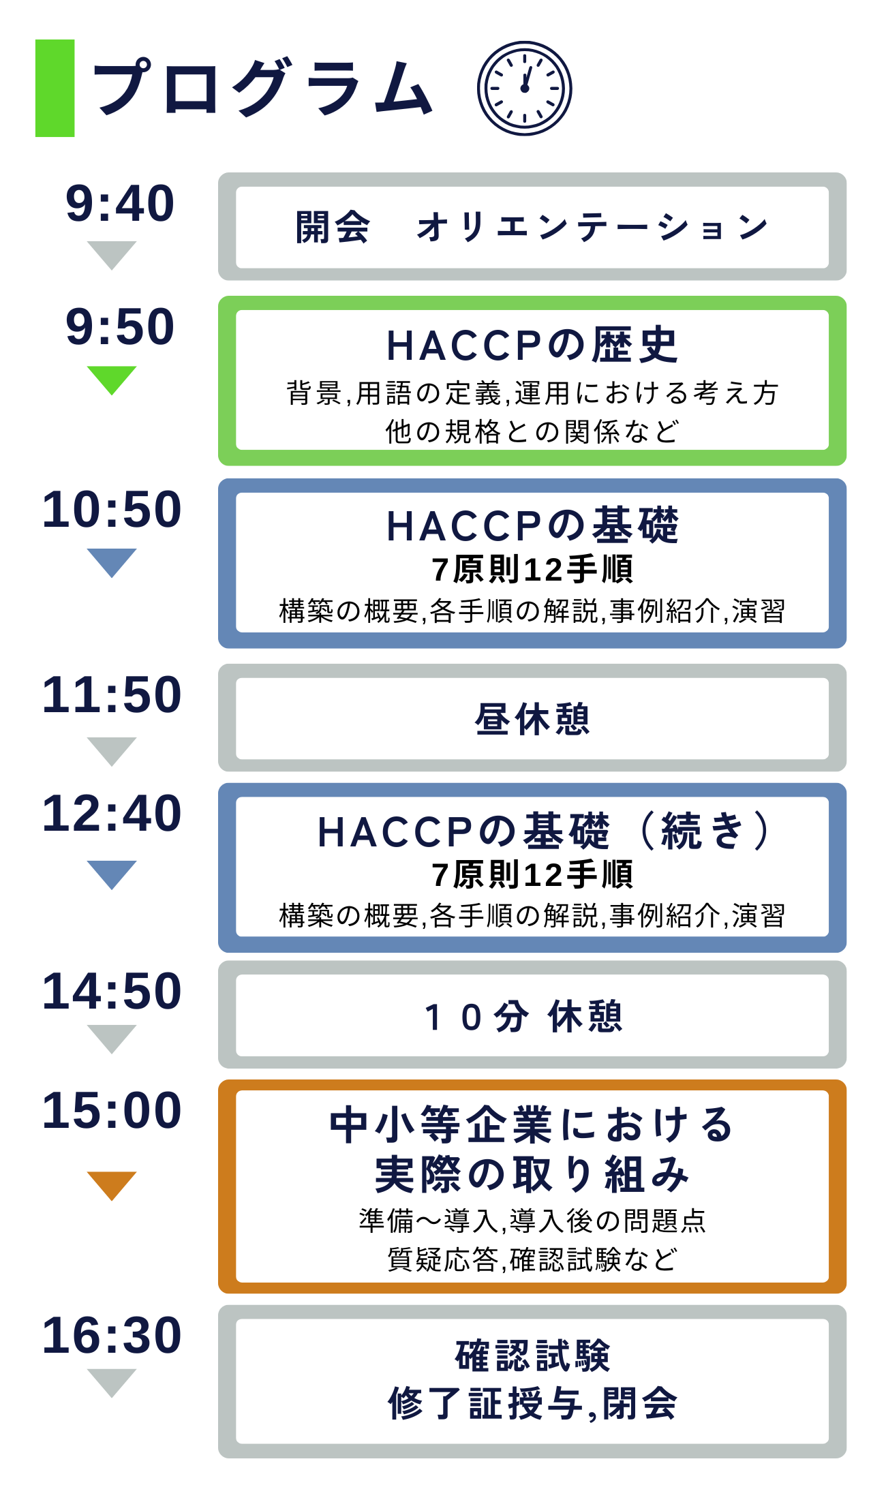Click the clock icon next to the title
coord(524,89)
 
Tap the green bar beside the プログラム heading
coord(55,89)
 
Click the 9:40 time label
coord(120,204)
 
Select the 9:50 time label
coord(120,326)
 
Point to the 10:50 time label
coord(112,510)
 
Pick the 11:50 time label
coord(112,695)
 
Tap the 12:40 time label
coord(112,814)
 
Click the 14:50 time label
coord(112,992)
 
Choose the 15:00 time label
coord(112,1111)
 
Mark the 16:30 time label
coord(112,1336)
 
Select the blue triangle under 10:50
coord(112,563)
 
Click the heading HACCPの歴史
coord(532,345)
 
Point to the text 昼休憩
coord(532,719)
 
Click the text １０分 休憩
coord(524,1017)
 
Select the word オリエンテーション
coord(592,227)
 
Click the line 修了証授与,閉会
coord(532,1404)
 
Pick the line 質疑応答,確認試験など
coord(532,1259)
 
